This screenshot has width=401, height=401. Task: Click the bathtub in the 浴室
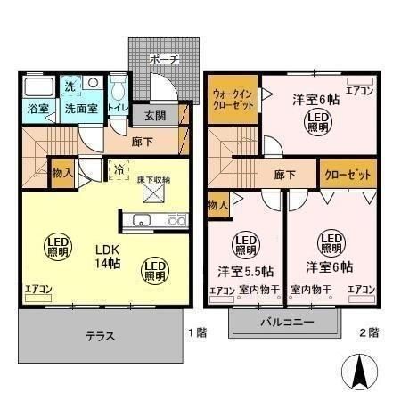point(38,88)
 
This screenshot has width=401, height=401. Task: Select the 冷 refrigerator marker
point(119,166)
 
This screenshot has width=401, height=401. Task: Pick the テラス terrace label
point(100,337)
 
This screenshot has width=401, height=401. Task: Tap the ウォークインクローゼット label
point(234,98)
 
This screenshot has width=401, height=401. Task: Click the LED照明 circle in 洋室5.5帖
point(245,244)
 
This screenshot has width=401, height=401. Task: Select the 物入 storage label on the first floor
point(62,172)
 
